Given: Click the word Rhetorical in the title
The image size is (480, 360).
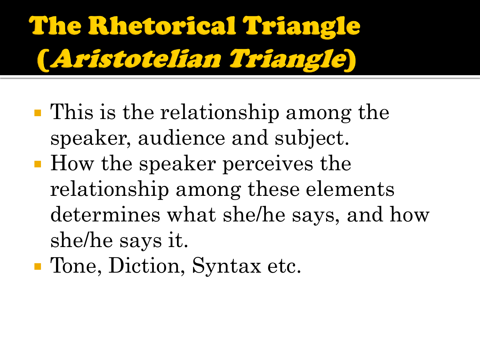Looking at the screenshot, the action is pyautogui.click(x=162, y=26).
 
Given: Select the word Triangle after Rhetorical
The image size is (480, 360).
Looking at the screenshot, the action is pyautogui.click(x=301, y=27).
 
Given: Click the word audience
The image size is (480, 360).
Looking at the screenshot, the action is pyautogui.click(x=181, y=137).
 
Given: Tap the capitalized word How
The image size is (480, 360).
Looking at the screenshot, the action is pyautogui.click(x=72, y=163).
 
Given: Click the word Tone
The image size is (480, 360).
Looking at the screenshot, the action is pyautogui.click(x=76, y=265).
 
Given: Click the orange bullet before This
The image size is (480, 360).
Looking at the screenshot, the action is pyautogui.click(x=38, y=113).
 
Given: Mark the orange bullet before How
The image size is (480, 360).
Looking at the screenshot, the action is pyautogui.click(x=38, y=164).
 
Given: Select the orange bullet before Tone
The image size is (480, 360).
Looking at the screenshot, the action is pyautogui.click(x=38, y=267).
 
